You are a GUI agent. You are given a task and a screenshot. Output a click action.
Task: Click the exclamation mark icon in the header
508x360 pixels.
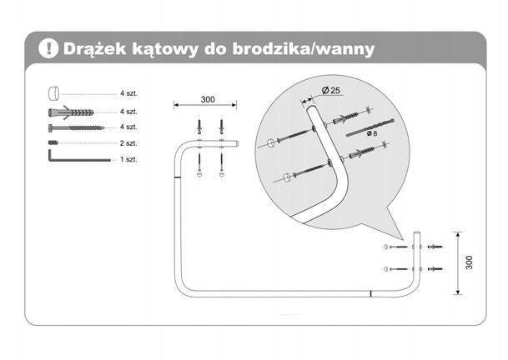point(48,48)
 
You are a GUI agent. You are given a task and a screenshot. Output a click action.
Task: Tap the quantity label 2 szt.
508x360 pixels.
point(128,142)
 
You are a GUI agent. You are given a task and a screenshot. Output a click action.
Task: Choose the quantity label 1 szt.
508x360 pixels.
point(128,158)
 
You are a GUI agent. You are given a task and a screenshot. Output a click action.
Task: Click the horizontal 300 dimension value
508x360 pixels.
point(208,100)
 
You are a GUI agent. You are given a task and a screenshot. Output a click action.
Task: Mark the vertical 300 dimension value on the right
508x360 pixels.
point(470,262)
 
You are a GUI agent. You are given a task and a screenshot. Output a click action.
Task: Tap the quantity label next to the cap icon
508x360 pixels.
point(128,94)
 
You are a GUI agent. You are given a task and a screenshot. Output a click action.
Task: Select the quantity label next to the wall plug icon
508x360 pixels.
point(128,111)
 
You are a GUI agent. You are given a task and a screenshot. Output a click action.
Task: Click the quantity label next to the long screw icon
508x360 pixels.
point(128,127)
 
